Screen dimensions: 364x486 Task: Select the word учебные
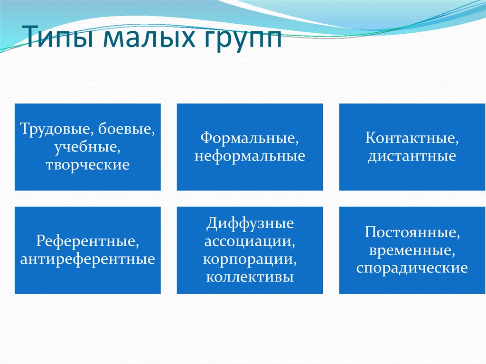(x=86, y=147)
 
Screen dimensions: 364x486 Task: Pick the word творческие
(x=87, y=165)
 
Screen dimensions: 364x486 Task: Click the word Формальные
(x=249, y=138)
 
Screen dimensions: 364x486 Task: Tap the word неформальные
(x=249, y=156)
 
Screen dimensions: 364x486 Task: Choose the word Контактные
(x=412, y=138)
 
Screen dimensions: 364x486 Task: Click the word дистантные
(x=411, y=156)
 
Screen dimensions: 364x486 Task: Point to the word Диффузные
(x=250, y=223)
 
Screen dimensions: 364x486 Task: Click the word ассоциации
(x=250, y=241)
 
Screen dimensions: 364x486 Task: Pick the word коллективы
(x=250, y=277)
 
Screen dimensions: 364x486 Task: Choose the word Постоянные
(x=412, y=233)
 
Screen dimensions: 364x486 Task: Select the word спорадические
(x=412, y=268)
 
